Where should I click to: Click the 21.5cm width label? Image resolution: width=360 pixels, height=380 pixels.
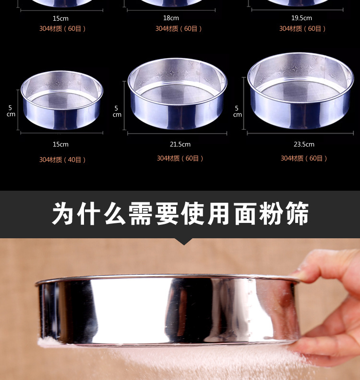(180, 145)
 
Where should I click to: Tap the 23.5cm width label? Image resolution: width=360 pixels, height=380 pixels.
(304, 145)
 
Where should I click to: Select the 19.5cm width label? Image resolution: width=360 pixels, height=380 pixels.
(301, 18)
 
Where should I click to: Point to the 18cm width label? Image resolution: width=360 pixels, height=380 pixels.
(171, 18)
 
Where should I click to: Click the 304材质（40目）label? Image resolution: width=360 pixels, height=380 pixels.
(62, 159)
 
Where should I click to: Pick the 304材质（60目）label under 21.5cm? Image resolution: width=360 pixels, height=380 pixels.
(180, 158)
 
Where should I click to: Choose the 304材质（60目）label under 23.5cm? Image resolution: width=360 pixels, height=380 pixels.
(304, 158)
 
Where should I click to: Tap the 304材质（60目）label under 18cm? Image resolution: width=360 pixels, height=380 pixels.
(179, 29)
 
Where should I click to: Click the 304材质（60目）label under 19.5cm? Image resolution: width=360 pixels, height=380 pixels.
(302, 29)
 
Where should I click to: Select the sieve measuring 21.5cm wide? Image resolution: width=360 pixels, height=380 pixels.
(178, 94)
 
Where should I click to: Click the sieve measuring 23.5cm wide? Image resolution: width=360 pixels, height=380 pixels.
(300, 91)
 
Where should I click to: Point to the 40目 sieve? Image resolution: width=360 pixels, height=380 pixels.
(62, 100)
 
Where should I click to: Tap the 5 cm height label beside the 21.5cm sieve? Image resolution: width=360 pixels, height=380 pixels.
(117, 111)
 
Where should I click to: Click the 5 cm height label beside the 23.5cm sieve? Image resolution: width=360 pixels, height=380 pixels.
(237, 111)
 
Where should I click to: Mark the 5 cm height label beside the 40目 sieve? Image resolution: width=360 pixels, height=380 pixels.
(11, 111)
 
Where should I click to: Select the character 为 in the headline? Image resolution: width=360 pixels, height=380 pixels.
(63, 213)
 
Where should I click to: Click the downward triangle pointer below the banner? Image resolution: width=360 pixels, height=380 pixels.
(184, 241)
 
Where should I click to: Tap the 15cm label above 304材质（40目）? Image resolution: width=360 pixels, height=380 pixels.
(60, 145)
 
